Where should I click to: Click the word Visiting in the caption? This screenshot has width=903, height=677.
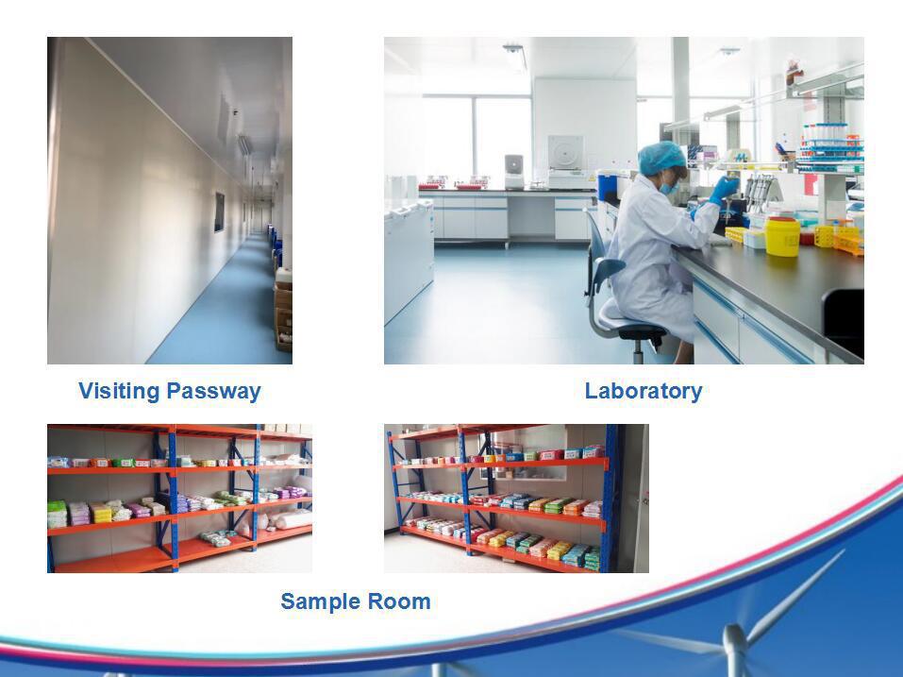click(119, 391)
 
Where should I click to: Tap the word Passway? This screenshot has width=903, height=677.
click(213, 392)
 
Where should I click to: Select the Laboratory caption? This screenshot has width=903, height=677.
click(644, 391)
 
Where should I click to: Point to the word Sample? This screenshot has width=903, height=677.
click(320, 601)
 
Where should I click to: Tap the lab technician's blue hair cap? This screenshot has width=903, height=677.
click(661, 158)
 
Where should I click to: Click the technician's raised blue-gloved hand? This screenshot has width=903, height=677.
click(724, 189)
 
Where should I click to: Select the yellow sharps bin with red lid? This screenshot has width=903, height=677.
click(782, 236)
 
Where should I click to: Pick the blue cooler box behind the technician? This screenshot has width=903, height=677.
click(607, 186)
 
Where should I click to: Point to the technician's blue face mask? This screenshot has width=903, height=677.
click(669, 186)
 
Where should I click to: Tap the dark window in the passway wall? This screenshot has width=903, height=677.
click(220, 212)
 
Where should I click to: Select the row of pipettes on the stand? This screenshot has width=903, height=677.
click(758, 190)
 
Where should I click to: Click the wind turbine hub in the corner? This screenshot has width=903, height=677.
click(734, 640)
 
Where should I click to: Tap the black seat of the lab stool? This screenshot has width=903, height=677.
click(642, 330)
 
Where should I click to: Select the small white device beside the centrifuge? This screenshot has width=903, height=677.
click(513, 171)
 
